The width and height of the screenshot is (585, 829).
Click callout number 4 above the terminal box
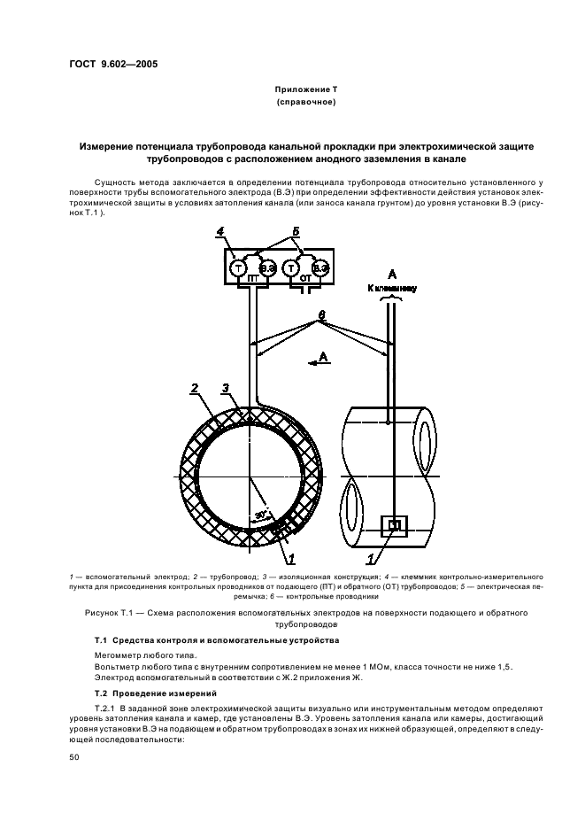(x=220, y=232)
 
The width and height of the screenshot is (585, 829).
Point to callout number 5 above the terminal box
(x=296, y=231)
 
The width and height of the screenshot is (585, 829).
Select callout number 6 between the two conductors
(x=322, y=316)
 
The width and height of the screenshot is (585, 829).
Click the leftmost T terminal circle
(x=239, y=267)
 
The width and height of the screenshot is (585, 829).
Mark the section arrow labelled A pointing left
(x=321, y=357)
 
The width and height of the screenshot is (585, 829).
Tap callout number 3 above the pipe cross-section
(x=226, y=387)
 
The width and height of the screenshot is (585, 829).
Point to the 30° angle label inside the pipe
(x=260, y=513)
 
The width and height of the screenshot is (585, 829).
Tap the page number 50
(x=75, y=758)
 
